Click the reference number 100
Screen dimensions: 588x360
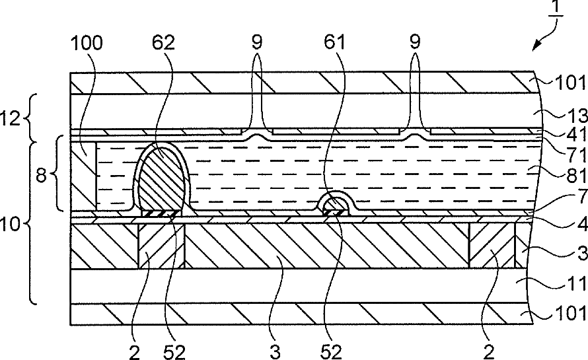87,43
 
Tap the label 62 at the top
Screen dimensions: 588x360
163,43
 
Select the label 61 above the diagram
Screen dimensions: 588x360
334,42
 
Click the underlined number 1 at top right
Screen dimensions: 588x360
556,7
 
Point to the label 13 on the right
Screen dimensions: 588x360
576,115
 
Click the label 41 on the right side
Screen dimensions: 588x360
576,134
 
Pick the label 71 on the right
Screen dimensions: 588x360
576,154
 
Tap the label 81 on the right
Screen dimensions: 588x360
576,175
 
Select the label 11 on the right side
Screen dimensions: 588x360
576,283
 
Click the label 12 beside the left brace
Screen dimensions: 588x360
11,118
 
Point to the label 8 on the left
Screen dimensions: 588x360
41,174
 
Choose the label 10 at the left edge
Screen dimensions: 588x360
10,224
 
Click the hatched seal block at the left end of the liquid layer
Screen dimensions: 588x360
83,176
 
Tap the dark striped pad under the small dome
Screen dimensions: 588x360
335,213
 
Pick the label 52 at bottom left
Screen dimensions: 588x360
174,352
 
